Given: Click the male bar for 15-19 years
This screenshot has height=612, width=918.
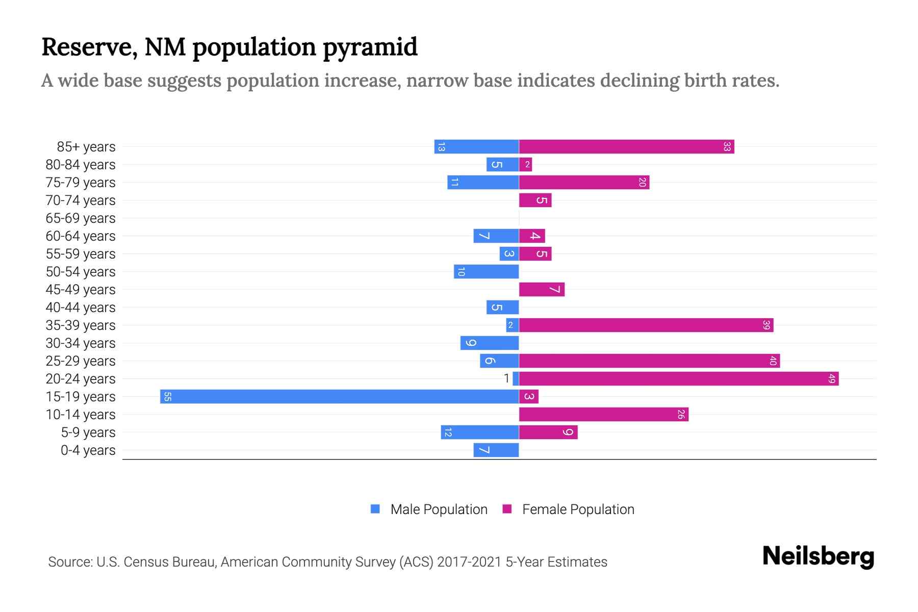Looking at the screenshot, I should coord(339,397).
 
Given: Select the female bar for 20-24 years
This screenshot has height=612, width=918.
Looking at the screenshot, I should coord(678,379).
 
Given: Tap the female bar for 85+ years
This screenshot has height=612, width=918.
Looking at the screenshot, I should coord(626,147).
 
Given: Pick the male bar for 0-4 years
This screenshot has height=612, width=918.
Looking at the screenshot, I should coord(496,450).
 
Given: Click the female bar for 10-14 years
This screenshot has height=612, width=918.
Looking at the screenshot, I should coord(603,415).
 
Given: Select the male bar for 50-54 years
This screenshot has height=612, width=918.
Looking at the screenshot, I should coord(486,272).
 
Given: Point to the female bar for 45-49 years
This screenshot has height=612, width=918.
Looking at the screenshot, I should coord(542,290).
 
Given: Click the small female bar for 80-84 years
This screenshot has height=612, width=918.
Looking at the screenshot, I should coord(525,165).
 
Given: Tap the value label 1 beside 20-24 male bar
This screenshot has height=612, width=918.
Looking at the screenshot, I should coord(506,378).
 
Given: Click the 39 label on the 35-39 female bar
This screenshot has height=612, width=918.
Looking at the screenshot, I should coord(766,325).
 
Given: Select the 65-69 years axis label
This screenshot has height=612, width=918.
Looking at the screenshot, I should coord(81,218).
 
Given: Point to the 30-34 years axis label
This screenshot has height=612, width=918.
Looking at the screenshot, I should coord(81,343).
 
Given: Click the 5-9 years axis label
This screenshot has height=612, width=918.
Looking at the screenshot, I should coord(88,432).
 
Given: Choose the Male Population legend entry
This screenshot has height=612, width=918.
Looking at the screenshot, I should coord(429,509).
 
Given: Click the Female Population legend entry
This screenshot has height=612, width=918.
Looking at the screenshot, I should coord(568,509).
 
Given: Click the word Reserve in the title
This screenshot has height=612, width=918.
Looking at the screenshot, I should coord(89,47).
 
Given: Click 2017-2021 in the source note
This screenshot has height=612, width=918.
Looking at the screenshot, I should coord(469,562).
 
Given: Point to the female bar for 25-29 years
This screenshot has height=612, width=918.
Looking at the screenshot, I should coord(649,361).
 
